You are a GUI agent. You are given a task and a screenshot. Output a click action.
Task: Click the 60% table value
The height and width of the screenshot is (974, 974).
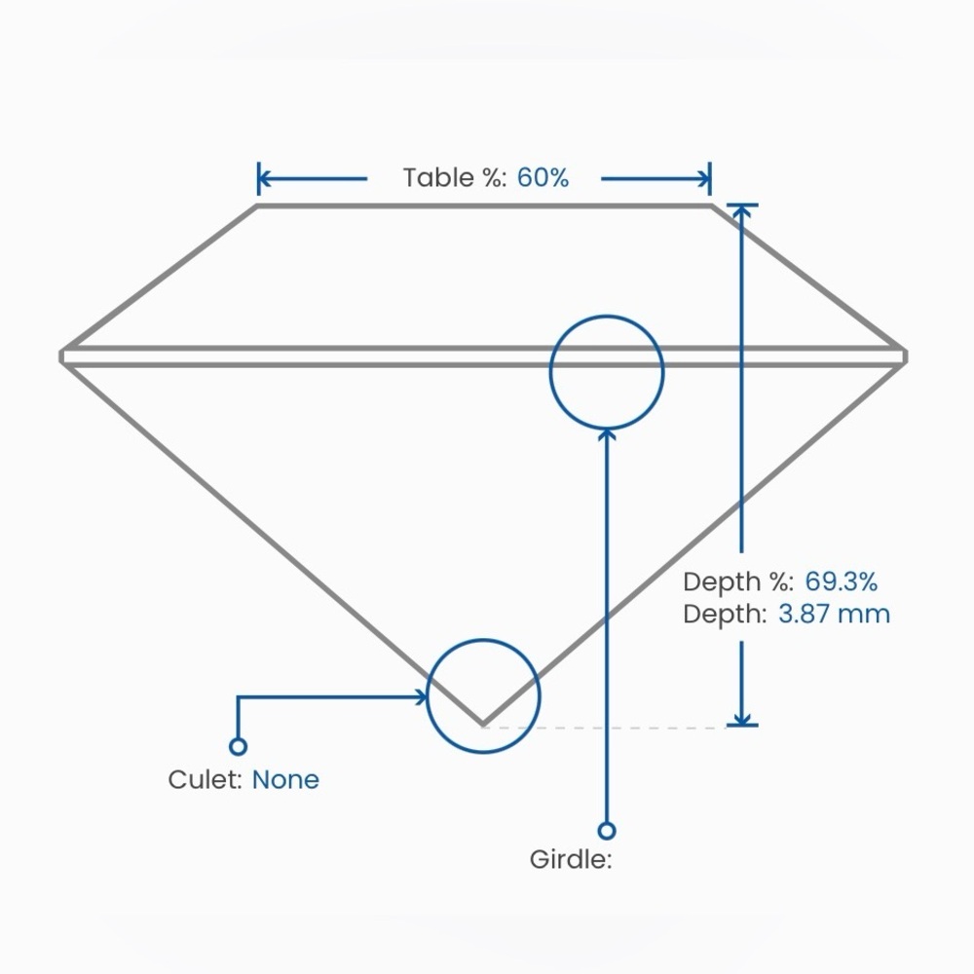pyautogui.click(x=543, y=177)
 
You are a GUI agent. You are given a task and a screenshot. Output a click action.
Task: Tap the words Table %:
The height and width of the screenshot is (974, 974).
pyautogui.click(x=455, y=177)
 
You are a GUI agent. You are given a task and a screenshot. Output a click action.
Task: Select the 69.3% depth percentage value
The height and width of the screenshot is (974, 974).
pyautogui.click(x=842, y=582)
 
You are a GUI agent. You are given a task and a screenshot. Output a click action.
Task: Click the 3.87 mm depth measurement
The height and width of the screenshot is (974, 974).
pyautogui.click(x=835, y=614)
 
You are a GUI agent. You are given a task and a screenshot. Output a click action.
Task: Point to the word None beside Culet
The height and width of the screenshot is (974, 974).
pyautogui.click(x=285, y=779)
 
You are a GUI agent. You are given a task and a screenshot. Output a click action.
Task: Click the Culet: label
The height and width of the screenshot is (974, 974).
pyautogui.click(x=205, y=779)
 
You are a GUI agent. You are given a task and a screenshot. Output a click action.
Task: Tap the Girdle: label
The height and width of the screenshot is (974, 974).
pyautogui.click(x=571, y=860)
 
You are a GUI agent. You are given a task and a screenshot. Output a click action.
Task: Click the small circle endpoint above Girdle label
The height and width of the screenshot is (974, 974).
pyautogui.click(x=607, y=831)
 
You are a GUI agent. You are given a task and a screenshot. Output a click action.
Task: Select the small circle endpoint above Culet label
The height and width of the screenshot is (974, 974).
pyautogui.click(x=238, y=746)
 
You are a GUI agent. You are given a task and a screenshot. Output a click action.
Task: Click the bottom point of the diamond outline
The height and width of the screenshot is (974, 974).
pyautogui.click(x=483, y=725)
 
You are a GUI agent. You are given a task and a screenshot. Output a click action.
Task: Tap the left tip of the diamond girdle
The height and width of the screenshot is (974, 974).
pyautogui.click(x=60, y=356)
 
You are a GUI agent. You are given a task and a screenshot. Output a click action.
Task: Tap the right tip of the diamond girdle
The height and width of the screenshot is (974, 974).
pyautogui.click(x=906, y=356)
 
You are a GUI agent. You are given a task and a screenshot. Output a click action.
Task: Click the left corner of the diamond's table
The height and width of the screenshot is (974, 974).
pyautogui.click(x=258, y=206)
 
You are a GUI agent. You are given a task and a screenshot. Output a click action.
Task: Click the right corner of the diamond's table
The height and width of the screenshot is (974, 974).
pyautogui.click(x=711, y=206)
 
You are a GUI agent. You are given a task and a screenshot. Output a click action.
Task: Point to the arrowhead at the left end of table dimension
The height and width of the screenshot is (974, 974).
pyautogui.click(x=265, y=179)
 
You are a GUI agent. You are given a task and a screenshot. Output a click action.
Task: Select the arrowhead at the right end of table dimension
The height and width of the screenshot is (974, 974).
pyautogui.click(x=704, y=179)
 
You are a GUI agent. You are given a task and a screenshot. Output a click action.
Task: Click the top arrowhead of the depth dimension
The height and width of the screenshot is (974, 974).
pyautogui.click(x=741, y=211)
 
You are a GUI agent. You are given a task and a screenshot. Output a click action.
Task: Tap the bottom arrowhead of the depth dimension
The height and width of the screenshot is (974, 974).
pyautogui.click(x=741, y=719)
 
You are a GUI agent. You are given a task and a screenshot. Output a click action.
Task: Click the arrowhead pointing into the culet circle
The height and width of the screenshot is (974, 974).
pyautogui.click(x=422, y=697)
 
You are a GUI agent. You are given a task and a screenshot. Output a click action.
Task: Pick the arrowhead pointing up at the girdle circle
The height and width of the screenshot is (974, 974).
pyautogui.click(x=607, y=434)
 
